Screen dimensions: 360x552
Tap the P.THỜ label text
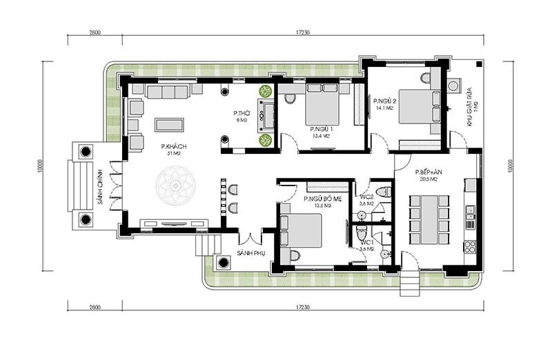[x=240, y=112]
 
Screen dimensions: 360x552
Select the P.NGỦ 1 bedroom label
[x=321, y=129]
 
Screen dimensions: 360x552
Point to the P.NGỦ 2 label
[x=384, y=101]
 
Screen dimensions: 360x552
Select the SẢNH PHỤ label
[x=251, y=253]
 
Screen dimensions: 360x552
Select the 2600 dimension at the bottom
[x=95, y=306]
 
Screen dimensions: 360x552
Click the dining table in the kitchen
[x=428, y=218]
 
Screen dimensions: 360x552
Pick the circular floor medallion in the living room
[x=175, y=186]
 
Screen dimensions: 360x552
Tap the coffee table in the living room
[x=170, y=124]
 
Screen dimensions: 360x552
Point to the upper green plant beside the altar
[x=265, y=91]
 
